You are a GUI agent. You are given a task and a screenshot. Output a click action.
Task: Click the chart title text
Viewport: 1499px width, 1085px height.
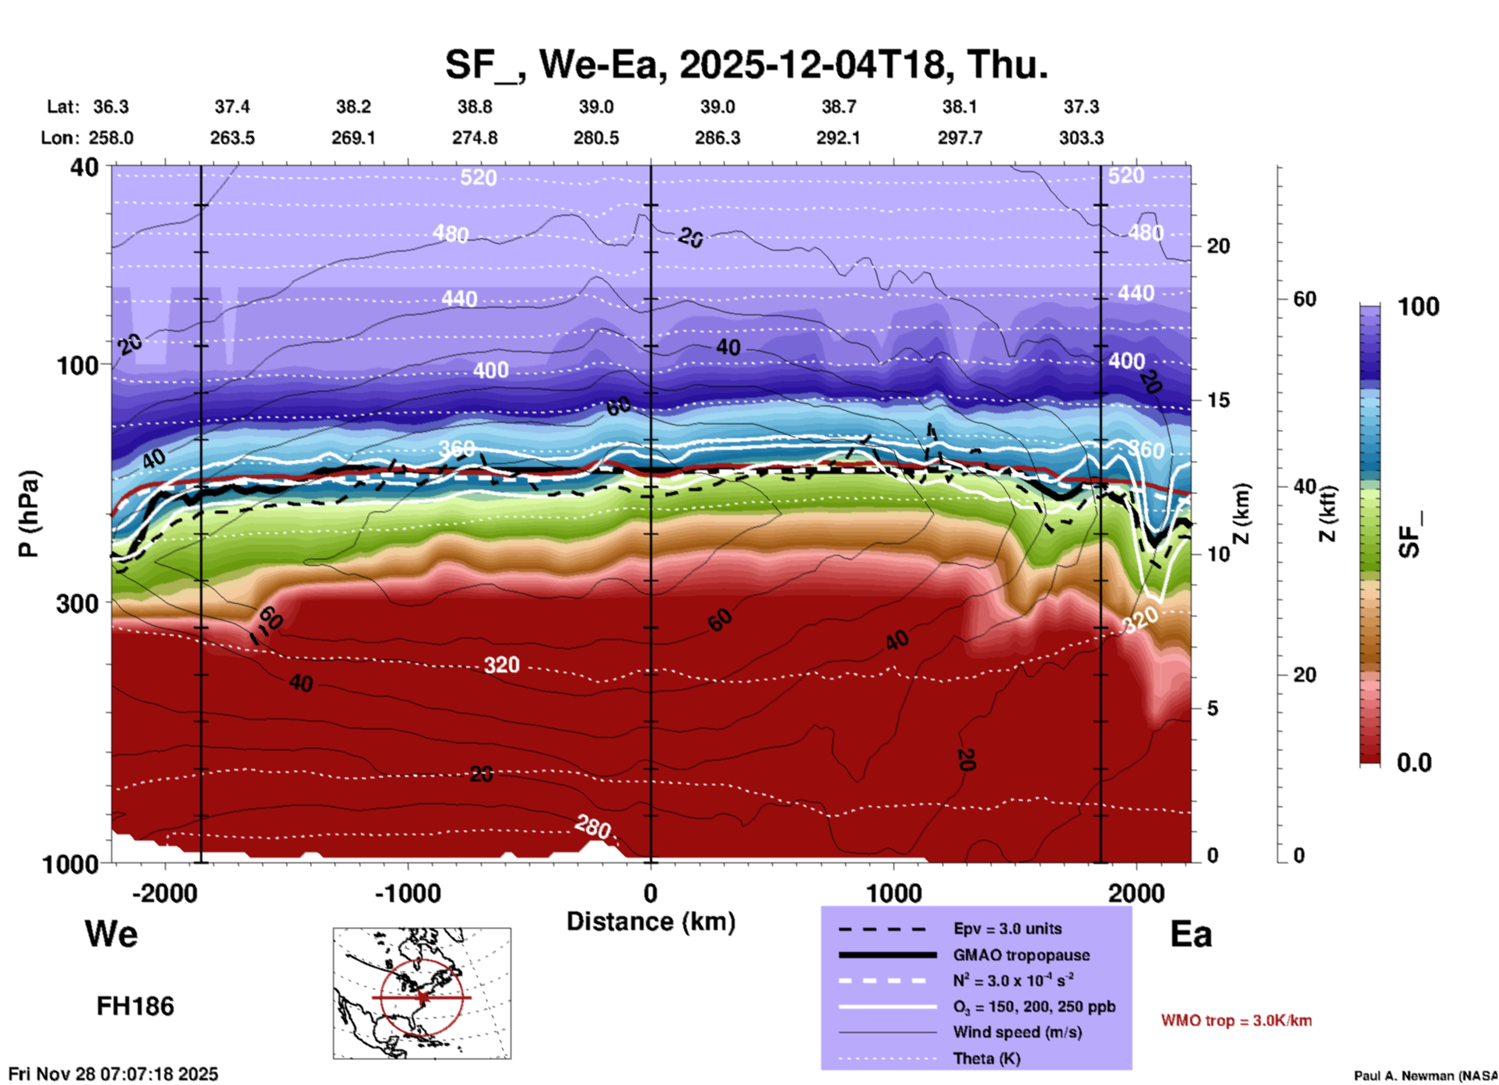click(x=746, y=65)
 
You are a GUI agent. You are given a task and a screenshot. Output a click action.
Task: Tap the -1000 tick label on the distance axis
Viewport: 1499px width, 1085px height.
click(x=408, y=894)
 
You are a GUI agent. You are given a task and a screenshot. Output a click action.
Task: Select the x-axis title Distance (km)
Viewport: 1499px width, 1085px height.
click(x=651, y=922)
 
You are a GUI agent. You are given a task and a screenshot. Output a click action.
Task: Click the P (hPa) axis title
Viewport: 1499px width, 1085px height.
click(x=29, y=513)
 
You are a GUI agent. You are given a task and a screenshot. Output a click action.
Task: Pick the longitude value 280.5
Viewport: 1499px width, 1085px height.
click(x=596, y=138)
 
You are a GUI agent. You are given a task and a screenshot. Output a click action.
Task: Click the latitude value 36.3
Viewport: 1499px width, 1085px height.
click(x=111, y=107)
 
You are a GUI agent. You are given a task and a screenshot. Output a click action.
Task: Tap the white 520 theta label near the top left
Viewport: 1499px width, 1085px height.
click(x=478, y=178)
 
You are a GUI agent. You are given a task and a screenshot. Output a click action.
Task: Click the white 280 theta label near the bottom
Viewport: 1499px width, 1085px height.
click(x=592, y=827)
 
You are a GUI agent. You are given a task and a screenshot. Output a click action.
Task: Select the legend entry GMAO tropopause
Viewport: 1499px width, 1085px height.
click(x=1021, y=955)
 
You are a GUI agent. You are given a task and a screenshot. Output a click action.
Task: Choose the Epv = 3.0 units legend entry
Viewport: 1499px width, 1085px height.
click(x=1007, y=929)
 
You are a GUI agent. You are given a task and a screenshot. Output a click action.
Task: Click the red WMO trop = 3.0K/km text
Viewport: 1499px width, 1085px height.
click(x=1236, y=1020)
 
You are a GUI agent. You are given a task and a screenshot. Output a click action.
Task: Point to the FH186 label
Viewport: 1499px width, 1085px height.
click(x=135, y=1006)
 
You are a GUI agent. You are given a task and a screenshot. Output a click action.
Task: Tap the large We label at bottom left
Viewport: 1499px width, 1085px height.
click(x=111, y=933)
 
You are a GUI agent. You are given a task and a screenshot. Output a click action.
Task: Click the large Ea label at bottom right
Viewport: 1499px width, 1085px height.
click(x=1191, y=934)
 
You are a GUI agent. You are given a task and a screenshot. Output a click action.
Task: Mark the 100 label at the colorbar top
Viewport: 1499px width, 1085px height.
click(x=1418, y=307)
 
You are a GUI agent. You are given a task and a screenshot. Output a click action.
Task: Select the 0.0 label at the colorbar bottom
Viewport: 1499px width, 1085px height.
click(x=1414, y=762)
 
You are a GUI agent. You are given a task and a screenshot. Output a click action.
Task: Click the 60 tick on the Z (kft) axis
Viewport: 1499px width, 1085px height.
click(x=1304, y=299)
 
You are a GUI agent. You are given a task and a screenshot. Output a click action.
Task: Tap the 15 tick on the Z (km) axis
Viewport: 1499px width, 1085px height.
click(x=1218, y=400)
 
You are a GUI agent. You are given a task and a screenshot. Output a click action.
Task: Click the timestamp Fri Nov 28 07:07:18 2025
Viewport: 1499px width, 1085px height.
click(x=114, y=1074)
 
